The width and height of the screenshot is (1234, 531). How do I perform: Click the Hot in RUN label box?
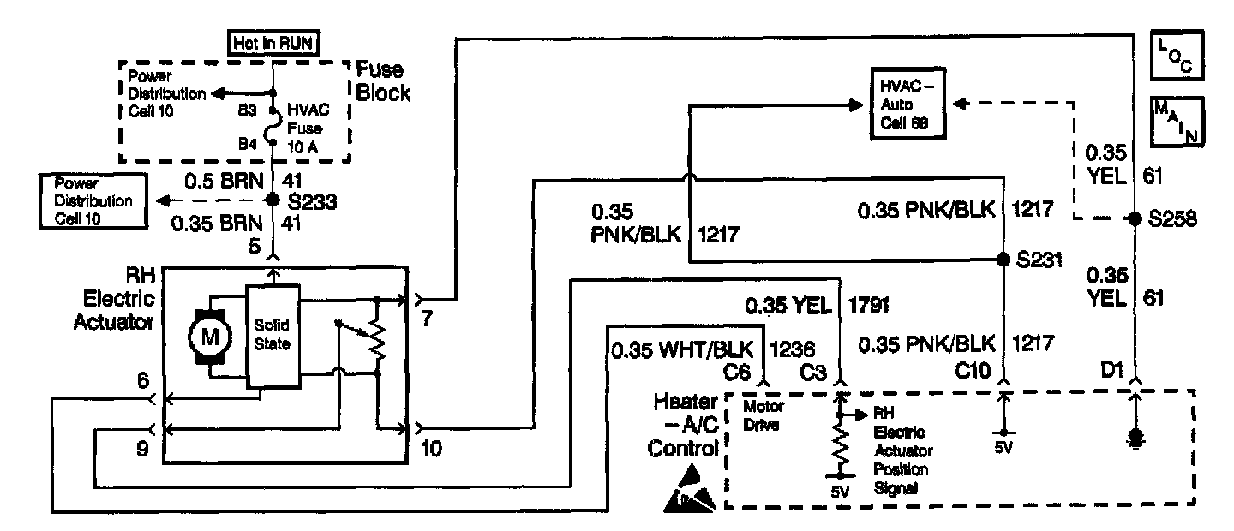(273, 43)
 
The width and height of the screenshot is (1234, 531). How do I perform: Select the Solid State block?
(273, 335)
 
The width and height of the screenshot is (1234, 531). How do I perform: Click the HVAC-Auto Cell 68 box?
(908, 104)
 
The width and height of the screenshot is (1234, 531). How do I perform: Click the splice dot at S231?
(1003, 259)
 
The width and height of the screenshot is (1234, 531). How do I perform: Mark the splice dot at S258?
(1135, 218)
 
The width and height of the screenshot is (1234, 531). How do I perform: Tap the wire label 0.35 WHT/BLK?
(683, 349)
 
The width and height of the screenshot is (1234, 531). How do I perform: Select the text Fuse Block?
(382, 81)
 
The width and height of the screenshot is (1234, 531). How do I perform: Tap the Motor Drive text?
(762, 414)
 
